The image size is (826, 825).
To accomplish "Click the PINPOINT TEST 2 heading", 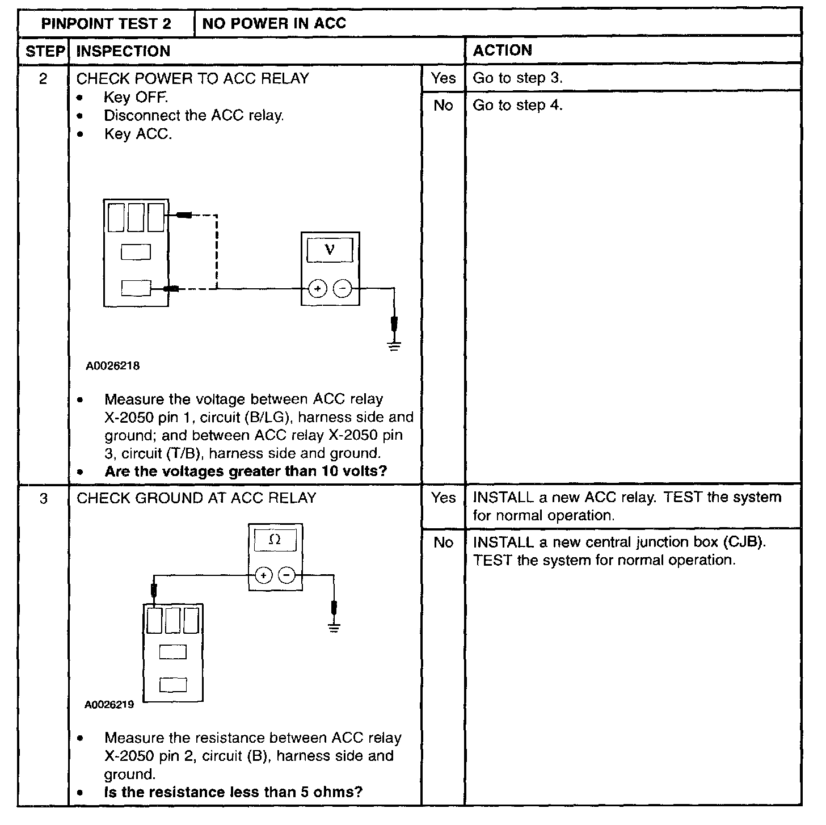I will click(106, 23).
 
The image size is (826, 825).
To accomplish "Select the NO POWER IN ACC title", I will click(274, 23).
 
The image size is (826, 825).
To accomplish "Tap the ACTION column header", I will click(503, 50).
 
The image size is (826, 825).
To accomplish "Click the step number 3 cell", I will click(43, 498).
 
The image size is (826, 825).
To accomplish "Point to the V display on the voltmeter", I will click(330, 250).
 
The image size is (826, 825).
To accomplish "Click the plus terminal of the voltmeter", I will click(318, 289).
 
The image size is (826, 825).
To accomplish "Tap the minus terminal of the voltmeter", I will click(342, 289).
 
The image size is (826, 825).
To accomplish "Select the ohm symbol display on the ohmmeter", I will click(275, 540).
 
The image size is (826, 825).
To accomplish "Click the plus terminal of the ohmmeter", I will click(263, 575).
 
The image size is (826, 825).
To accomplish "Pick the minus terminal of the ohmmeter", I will click(287, 575).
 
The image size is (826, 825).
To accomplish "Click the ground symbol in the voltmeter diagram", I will click(394, 346).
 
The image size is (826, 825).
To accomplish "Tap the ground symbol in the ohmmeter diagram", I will click(334, 628).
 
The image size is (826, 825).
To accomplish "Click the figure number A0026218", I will click(113, 366).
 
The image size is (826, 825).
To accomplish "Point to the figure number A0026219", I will click(109, 705).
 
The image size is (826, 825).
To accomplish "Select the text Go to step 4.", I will click(517, 105).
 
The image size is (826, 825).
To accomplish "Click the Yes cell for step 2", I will click(443, 78).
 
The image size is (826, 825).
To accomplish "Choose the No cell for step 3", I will click(443, 542).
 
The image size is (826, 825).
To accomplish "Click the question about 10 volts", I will click(246, 472).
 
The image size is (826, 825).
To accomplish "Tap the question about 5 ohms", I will click(233, 792).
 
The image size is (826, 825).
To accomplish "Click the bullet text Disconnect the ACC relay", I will click(194, 116).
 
